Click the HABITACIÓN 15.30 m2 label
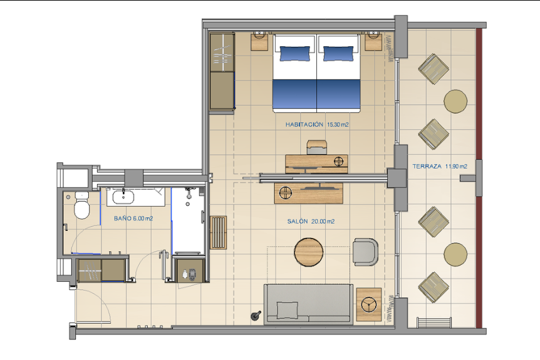(x=317, y=125)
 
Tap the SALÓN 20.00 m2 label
(x=311, y=221)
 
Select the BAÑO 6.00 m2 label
(x=133, y=219)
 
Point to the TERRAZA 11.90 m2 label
(x=440, y=167)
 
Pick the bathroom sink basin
(x=123, y=197)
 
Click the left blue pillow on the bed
(x=295, y=53)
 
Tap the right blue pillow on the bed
(x=338, y=53)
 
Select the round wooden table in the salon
(x=309, y=252)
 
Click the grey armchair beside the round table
(x=365, y=252)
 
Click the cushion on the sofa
(x=287, y=310)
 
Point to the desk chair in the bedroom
(x=316, y=147)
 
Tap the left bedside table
(x=259, y=41)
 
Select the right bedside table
(x=373, y=41)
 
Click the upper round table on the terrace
(x=455, y=101)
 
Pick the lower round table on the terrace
(x=455, y=254)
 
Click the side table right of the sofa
(x=369, y=304)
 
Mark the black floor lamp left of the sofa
(x=256, y=316)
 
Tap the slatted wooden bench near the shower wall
(x=219, y=233)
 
